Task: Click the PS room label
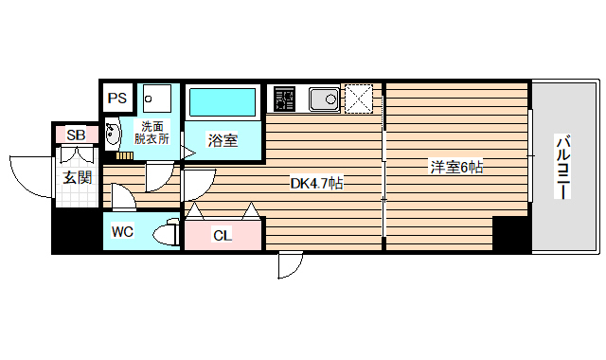[x=117, y=98]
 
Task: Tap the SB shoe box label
[x=76, y=135]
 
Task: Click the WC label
[x=122, y=231]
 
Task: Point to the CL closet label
[x=222, y=235]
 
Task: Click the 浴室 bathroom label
[x=223, y=140]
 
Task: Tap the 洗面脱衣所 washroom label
[x=151, y=133]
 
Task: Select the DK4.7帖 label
[x=316, y=183]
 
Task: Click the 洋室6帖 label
[x=457, y=168]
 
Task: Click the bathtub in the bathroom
[x=223, y=101]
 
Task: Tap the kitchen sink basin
[x=325, y=98]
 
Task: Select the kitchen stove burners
[x=285, y=99]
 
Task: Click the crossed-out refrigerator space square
[x=359, y=98]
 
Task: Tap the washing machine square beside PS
[x=155, y=98]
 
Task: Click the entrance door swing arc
[x=26, y=172]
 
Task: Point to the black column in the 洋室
[x=511, y=234]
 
